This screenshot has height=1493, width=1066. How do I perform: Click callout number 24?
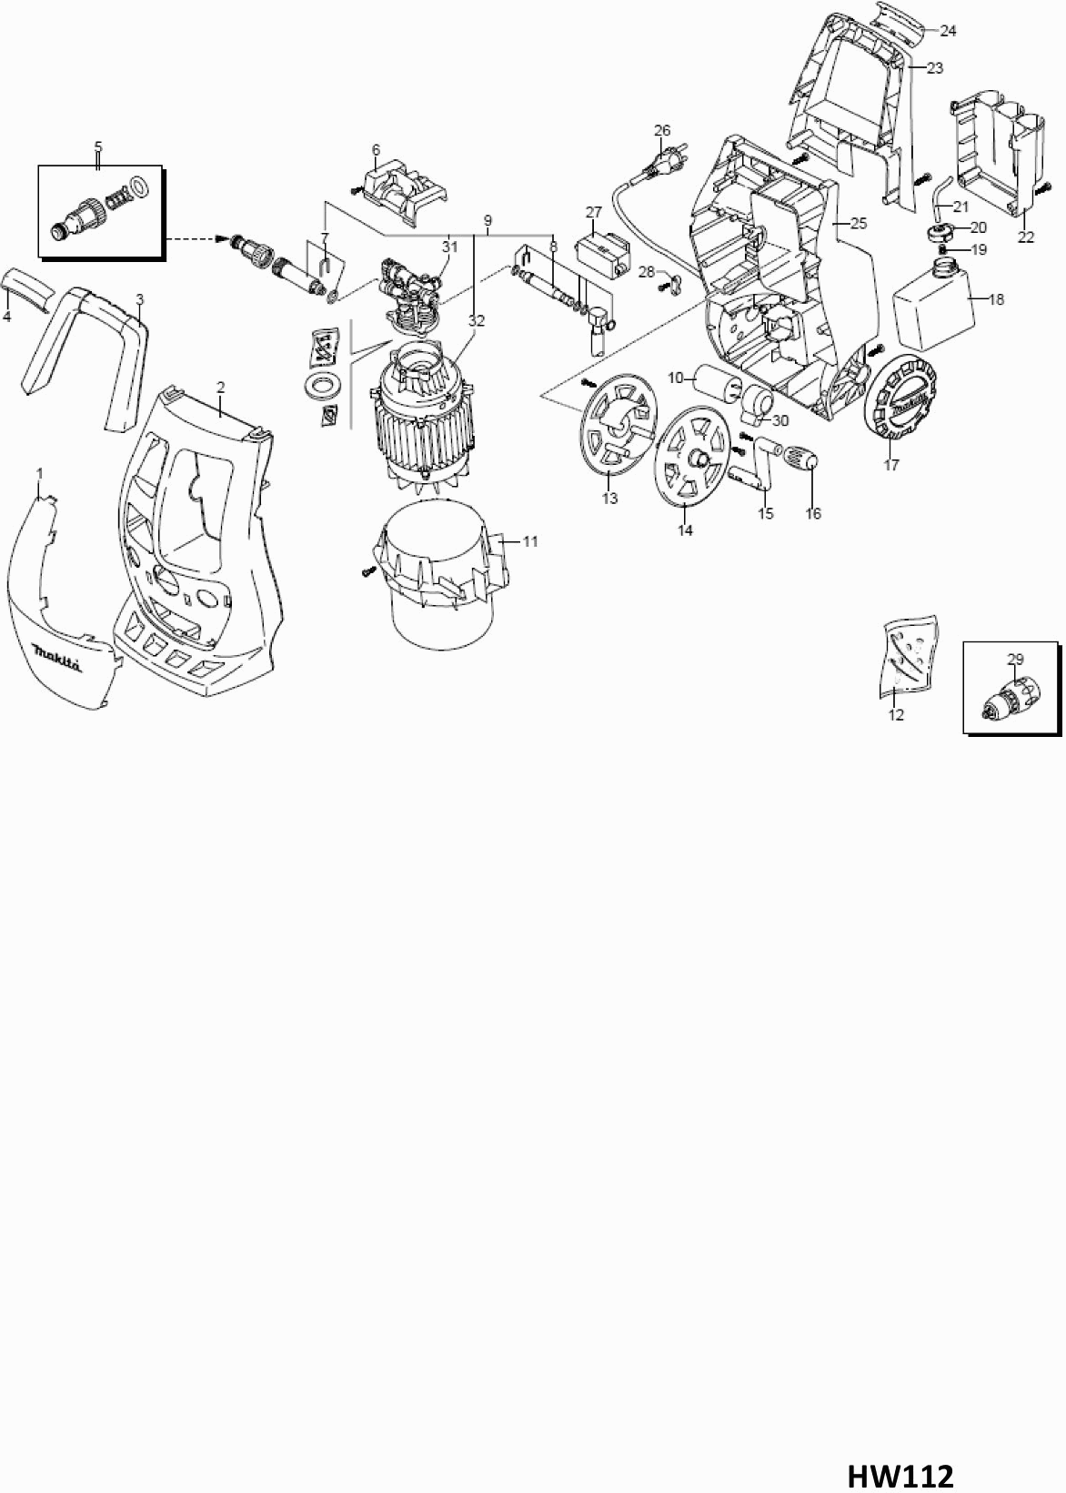948,31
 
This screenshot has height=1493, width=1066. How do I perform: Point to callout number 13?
609,498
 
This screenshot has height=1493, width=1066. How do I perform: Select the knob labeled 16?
801,459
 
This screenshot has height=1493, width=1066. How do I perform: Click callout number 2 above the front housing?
220,387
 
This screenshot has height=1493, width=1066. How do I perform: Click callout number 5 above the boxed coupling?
98,146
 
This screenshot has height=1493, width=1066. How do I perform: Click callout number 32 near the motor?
476,320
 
